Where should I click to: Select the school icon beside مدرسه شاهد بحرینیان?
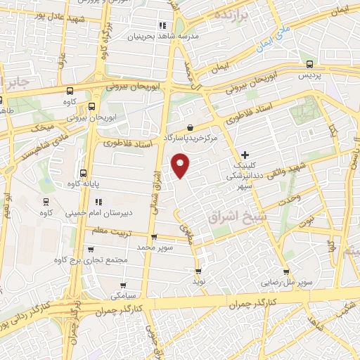(162, 26)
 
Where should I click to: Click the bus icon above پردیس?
(307, 63)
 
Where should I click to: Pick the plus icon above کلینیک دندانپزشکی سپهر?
(245, 154)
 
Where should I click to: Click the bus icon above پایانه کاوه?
(83, 173)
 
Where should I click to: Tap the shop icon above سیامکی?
(123, 286)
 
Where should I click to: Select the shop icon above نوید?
(198, 270)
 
